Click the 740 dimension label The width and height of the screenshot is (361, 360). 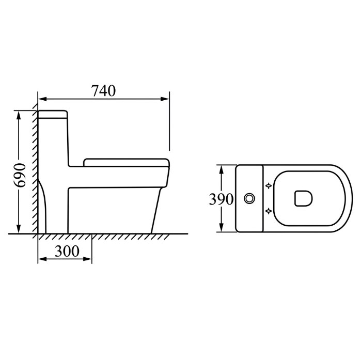pos(104,91)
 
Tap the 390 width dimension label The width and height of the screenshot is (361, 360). pos(221,199)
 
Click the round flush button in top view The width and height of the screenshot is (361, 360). pos(249,198)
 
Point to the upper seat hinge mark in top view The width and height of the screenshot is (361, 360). pos(269,185)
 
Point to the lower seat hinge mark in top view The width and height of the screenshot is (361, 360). pos(269,210)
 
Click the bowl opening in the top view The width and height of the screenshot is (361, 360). pos(304,198)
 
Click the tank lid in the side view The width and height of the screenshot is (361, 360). pos(53,114)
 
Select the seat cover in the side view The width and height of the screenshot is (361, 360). pos(127,163)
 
